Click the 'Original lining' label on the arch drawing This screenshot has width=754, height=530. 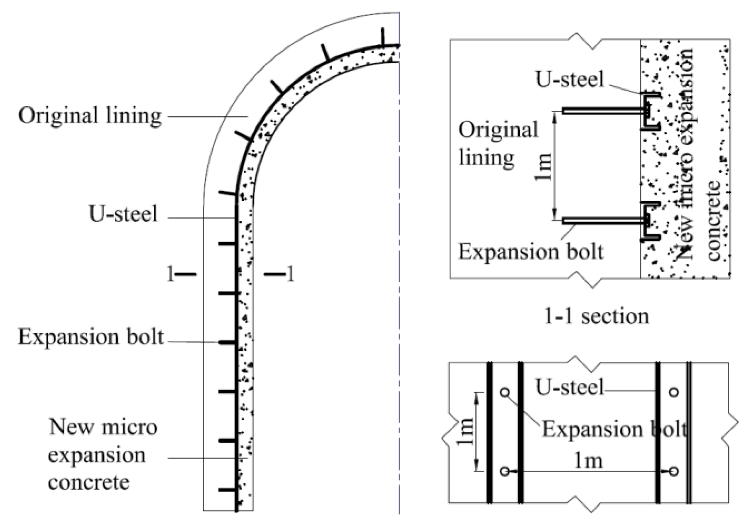(90, 116)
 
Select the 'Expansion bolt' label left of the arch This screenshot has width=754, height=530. (91, 337)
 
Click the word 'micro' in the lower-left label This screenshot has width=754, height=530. (129, 427)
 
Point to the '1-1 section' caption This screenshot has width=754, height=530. (596, 317)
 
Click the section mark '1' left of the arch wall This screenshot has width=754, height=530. (170, 274)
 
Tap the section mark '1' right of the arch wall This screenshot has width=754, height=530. (290, 274)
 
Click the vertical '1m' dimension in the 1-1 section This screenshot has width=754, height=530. (544, 167)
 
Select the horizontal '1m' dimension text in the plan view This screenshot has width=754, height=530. (588, 461)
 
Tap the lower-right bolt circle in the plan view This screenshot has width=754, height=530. (674, 471)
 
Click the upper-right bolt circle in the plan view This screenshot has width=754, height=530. (674, 392)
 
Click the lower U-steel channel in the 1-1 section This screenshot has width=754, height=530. (650, 221)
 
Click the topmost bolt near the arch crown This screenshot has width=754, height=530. (383, 37)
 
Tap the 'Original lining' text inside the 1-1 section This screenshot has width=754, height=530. (498, 144)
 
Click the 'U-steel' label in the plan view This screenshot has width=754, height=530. (569, 388)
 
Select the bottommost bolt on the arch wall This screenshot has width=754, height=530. (227, 490)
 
